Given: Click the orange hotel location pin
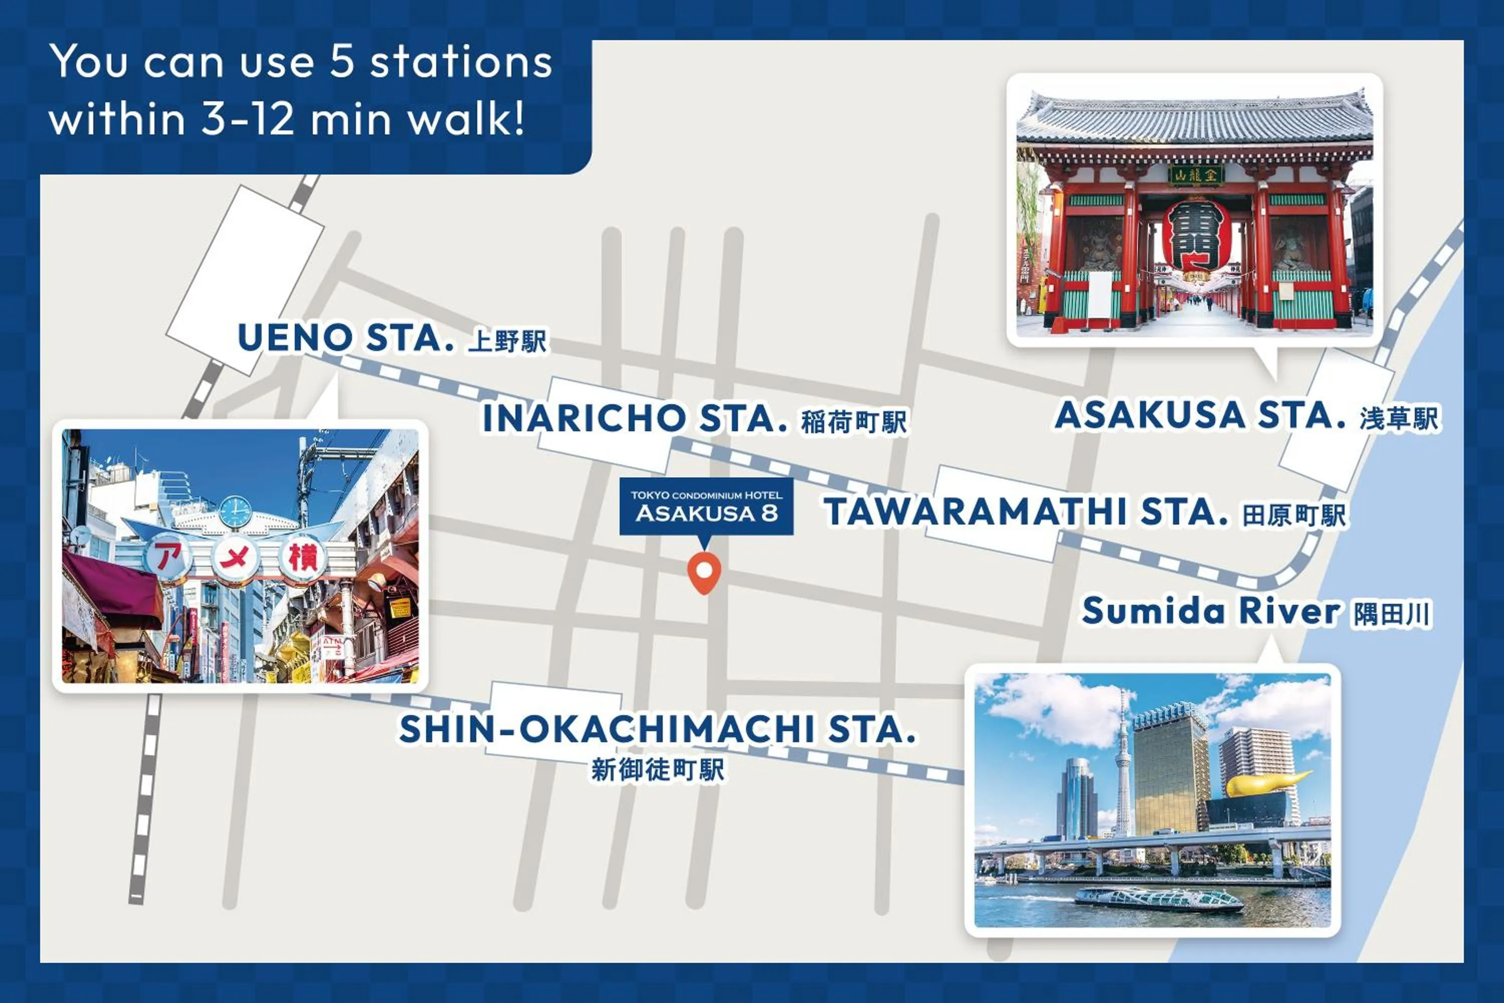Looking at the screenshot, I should pos(704,571).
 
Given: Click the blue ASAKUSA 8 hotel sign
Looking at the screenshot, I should pos(706,506).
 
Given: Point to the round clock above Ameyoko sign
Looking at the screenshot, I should pos(235,512).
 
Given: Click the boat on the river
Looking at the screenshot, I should pos(1159,899).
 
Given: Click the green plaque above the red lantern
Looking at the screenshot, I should pos(1196,175).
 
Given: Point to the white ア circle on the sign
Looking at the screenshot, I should pos(168,558).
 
